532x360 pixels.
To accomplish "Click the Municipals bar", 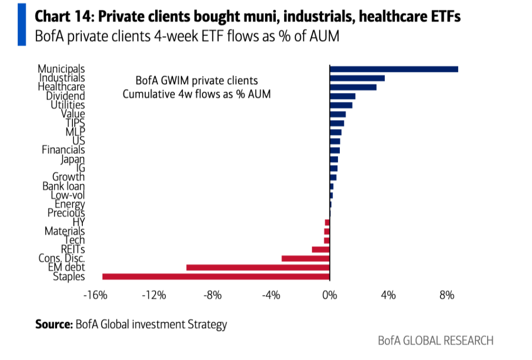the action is coord(394,69).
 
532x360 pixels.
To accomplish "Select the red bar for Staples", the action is coord(216,277).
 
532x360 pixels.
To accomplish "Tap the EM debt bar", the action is coord(258,267).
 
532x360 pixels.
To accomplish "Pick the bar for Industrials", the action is coord(357,78).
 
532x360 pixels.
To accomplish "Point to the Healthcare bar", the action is coord(353,87).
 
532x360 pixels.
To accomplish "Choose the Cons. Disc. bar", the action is coord(306,259).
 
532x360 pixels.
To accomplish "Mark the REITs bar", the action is coord(321,249).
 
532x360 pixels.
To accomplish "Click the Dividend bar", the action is coord(343,97).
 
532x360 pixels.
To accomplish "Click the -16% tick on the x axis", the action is coord(96,295).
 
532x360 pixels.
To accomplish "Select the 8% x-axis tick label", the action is coord(447,295).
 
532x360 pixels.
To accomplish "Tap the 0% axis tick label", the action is coord(330,295).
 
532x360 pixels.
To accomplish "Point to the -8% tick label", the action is coord(212,295).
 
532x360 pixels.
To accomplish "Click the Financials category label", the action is coord(64,150).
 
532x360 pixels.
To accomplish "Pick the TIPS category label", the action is coord(75,123).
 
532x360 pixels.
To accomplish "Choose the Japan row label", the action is coord(73,159).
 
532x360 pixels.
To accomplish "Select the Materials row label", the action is coord(65,231).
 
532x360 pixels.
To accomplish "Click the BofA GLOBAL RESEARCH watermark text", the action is coord(435,340).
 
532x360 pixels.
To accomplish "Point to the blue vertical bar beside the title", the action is coord(22,25).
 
